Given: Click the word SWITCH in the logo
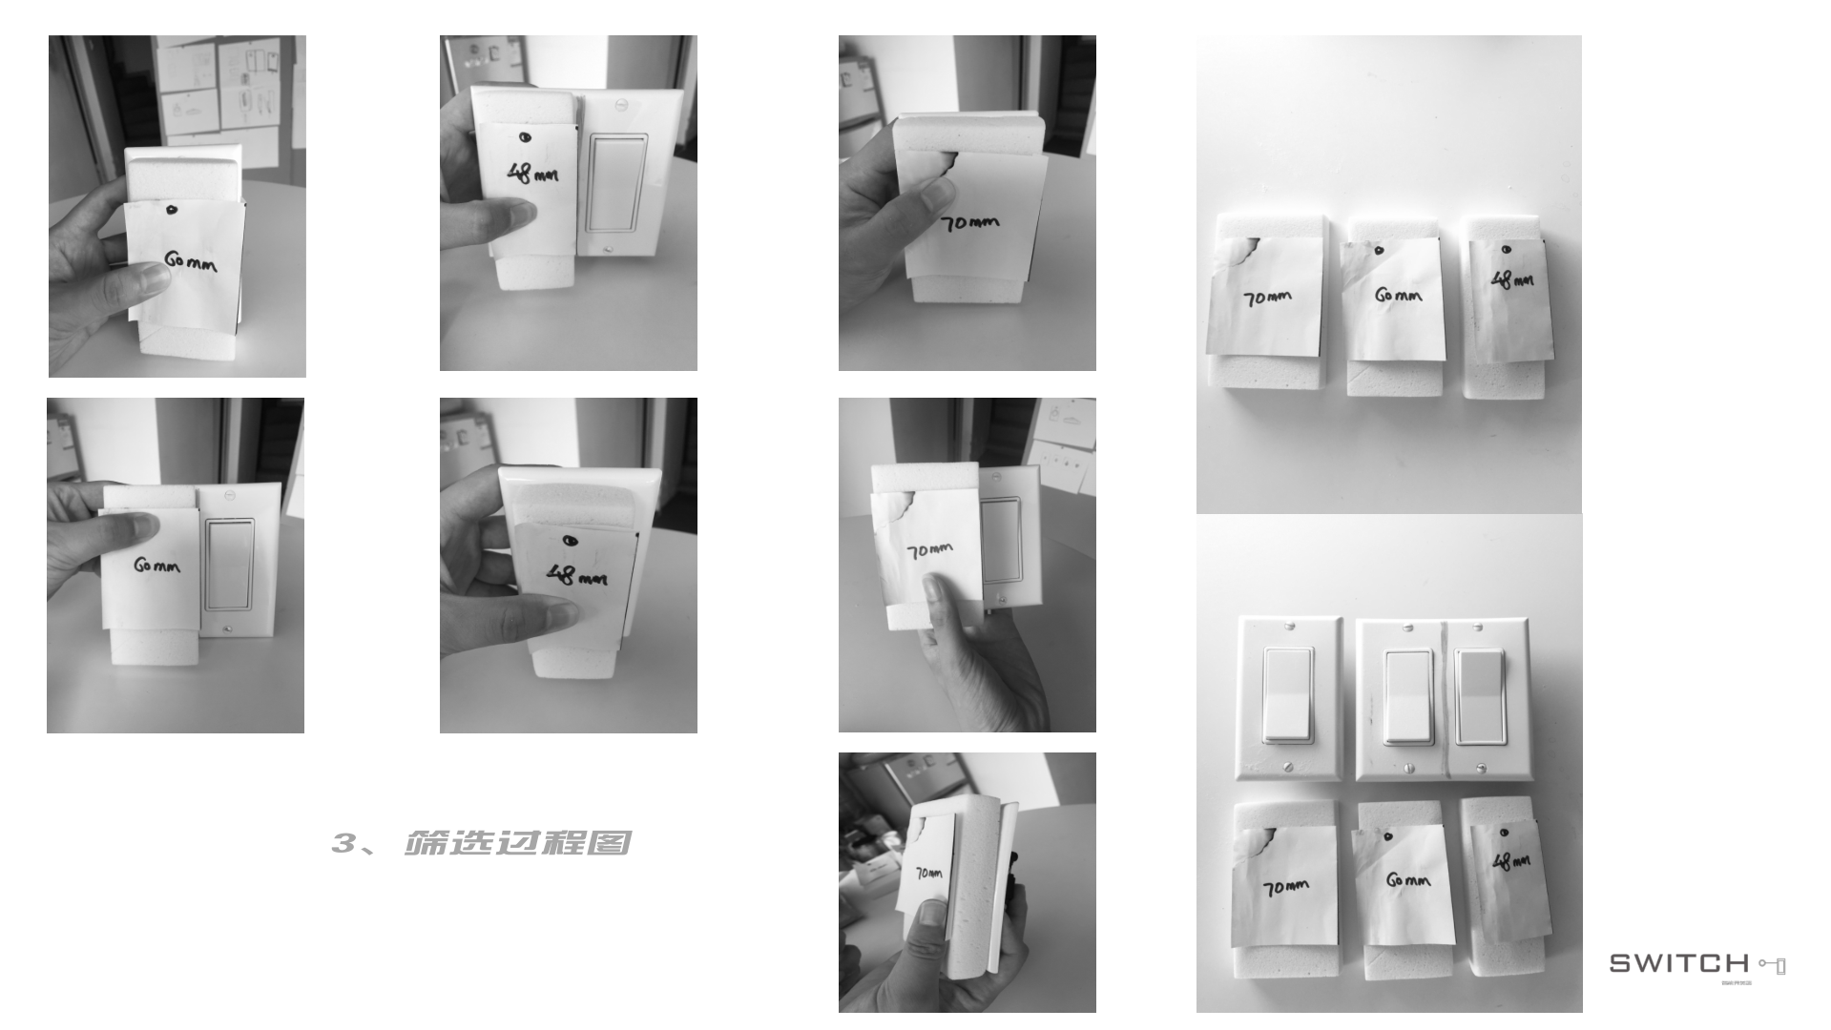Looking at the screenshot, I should tap(1678, 963).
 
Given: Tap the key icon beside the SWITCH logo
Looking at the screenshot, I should tap(1772, 965).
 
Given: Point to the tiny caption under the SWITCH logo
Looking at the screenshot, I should tap(1734, 981).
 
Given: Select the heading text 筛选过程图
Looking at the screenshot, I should tap(518, 843).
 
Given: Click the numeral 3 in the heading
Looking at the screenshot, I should tap(343, 843).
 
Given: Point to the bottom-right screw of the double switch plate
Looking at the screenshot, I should tap(1481, 768).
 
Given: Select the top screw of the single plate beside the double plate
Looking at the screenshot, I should tap(1290, 626).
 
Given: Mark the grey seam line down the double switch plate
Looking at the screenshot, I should tap(1446, 696).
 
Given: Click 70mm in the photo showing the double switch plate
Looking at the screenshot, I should tap(1286, 888).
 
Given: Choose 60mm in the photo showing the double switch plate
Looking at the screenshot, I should tap(1407, 880).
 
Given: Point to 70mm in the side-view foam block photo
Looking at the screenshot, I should tap(928, 873).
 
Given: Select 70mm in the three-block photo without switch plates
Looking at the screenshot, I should tap(1267, 298).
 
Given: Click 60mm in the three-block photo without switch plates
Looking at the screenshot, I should tap(1398, 296).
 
